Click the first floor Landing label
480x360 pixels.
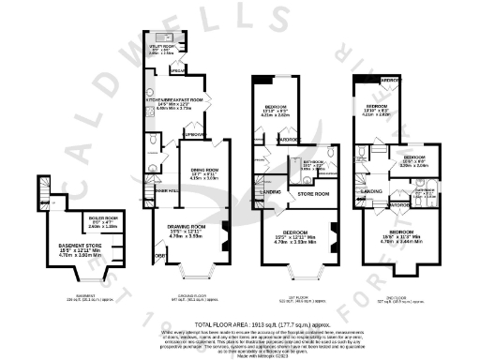click(x=269, y=193)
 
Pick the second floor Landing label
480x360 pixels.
click(x=370, y=194)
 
